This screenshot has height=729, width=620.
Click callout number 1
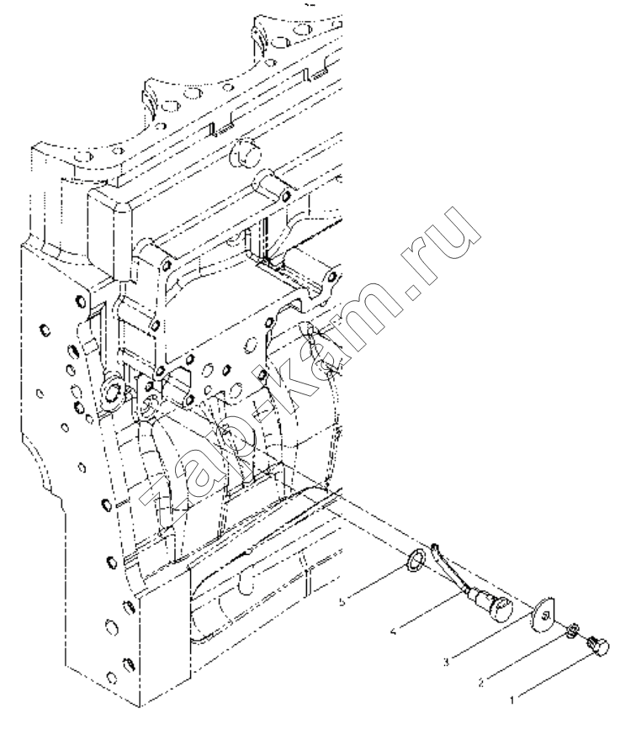pyautogui.click(x=512, y=700)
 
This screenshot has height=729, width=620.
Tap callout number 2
pyautogui.click(x=481, y=683)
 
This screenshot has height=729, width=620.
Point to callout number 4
pyautogui.click(x=394, y=631)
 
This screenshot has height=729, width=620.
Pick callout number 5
pyautogui.click(x=342, y=602)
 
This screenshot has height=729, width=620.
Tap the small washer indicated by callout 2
pyautogui.click(x=571, y=631)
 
